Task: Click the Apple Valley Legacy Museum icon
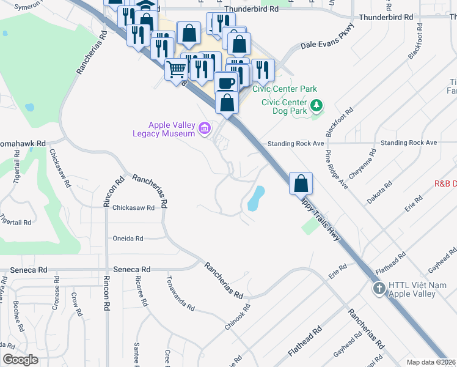click(x=205, y=128)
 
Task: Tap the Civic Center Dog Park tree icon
click(x=316, y=106)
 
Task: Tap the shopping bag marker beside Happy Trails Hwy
click(x=301, y=183)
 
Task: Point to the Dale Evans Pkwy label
click(x=327, y=45)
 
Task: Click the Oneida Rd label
click(x=128, y=239)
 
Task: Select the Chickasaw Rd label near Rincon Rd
click(x=133, y=208)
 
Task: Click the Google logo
click(x=20, y=360)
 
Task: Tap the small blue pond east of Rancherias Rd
click(x=255, y=199)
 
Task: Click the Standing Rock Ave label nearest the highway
click(x=296, y=143)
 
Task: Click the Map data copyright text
click(x=431, y=362)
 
